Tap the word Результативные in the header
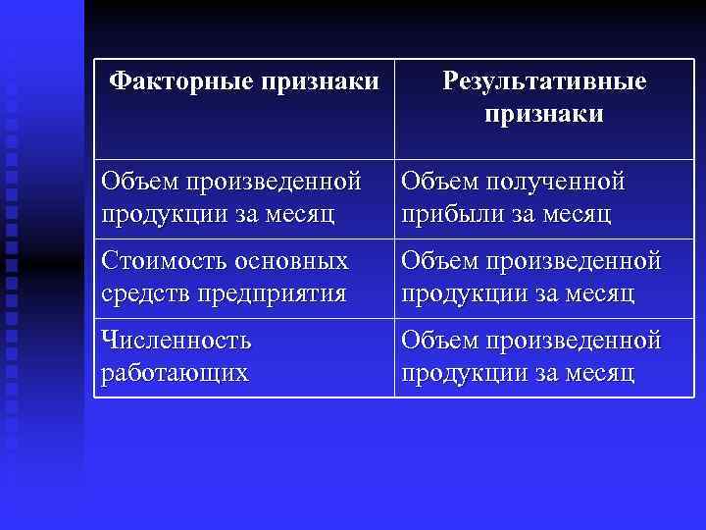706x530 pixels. (x=544, y=80)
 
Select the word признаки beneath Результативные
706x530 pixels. (x=544, y=114)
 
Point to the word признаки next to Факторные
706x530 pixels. (x=319, y=80)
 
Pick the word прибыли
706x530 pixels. (x=446, y=213)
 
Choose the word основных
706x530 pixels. (x=293, y=262)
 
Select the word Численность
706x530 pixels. (x=176, y=342)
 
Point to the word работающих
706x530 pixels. (x=175, y=373)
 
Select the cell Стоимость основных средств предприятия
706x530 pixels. (x=243, y=278)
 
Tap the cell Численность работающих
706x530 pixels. (x=243, y=357)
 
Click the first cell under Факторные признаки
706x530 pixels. (x=243, y=197)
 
